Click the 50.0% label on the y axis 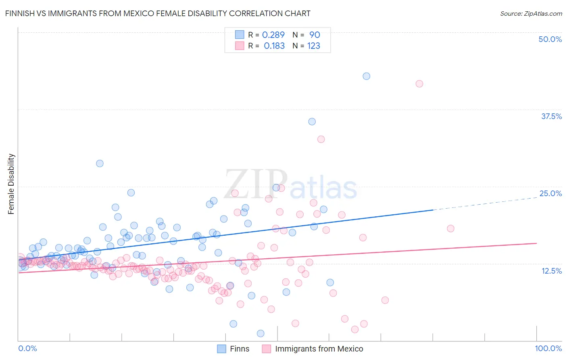[550, 39]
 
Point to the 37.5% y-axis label [551, 116]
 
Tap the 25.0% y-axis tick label [550, 193]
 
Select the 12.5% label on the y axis [551, 271]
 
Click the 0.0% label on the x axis [28, 348]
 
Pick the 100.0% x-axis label [548, 348]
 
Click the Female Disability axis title [11, 184]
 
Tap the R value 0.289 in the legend [273, 35]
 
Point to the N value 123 [313, 46]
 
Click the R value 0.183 [274, 46]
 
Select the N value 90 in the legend [315, 35]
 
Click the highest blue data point [366, 76]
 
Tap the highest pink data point [419, 84]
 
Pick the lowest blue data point [261, 333]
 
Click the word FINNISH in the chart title [21, 13]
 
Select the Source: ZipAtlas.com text [531, 13]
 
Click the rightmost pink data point [450, 228]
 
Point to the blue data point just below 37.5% [312, 121]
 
